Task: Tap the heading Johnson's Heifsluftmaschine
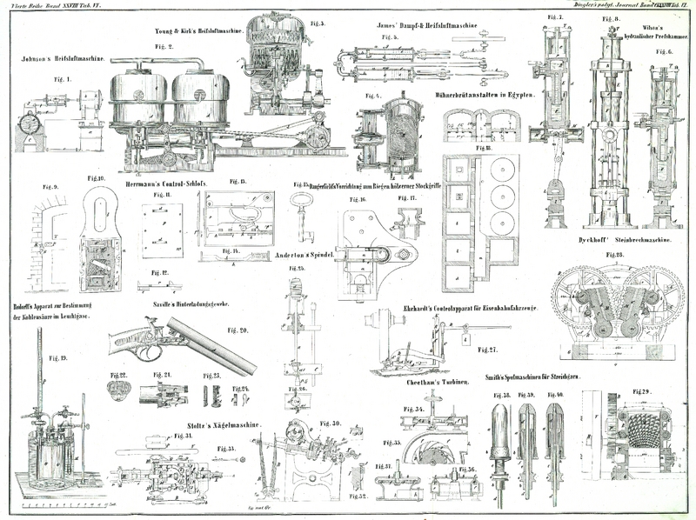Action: click(61, 60)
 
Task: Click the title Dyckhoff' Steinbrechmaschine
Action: click(625, 238)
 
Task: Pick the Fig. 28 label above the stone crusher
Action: click(614, 255)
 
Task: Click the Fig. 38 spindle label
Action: click(502, 395)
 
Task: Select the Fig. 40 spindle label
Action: click(556, 395)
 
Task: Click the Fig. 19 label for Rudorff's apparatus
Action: click(58, 358)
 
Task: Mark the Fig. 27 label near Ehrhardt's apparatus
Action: click(487, 350)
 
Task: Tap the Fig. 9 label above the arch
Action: click(50, 187)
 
